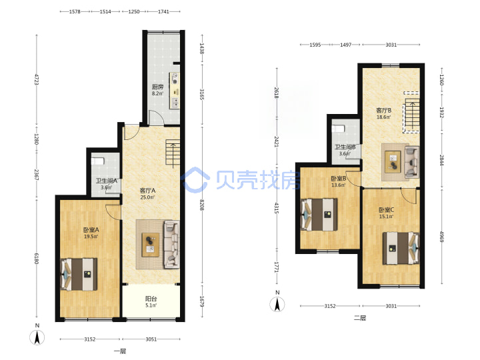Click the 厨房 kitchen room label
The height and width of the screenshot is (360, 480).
pyautogui.click(x=157, y=87)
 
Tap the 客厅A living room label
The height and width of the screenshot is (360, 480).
pyautogui.click(x=147, y=191)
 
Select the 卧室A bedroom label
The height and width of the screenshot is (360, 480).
pyautogui.click(x=91, y=229)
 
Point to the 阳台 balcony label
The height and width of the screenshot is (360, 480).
pyautogui.click(x=151, y=299)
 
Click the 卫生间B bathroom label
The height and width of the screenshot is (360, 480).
pyautogui.click(x=345, y=147)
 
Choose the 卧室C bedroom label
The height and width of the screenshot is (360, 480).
pyautogui.click(x=386, y=210)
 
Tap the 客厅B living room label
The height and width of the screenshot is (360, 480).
pyautogui.click(x=383, y=110)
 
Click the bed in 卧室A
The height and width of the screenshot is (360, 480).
pyautogui.click(x=79, y=274)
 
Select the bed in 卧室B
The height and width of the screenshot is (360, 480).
pyautogui.click(x=319, y=215)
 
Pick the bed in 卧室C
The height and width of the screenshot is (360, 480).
pyautogui.click(x=401, y=248)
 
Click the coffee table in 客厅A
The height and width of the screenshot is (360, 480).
pyautogui.click(x=150, y=245)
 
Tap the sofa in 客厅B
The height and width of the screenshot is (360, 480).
pyautogui.click(x=412, y=162)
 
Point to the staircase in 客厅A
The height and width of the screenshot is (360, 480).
pyautogui.click(x=173, y=152)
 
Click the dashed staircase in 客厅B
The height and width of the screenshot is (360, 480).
pyautogui.click(x=411, y=113)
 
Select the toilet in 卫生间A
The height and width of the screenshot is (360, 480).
pyautogui.click(x=98, y=161)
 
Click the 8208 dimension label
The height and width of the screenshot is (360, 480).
pyautogui.click(x=202, y=205)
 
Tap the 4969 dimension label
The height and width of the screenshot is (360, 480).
pyautogui.click(x=441, y=237)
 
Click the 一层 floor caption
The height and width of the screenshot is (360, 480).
pyautogui.click(x=120, y=351)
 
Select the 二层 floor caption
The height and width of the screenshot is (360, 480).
pyautogui.click(x=360, y=318)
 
